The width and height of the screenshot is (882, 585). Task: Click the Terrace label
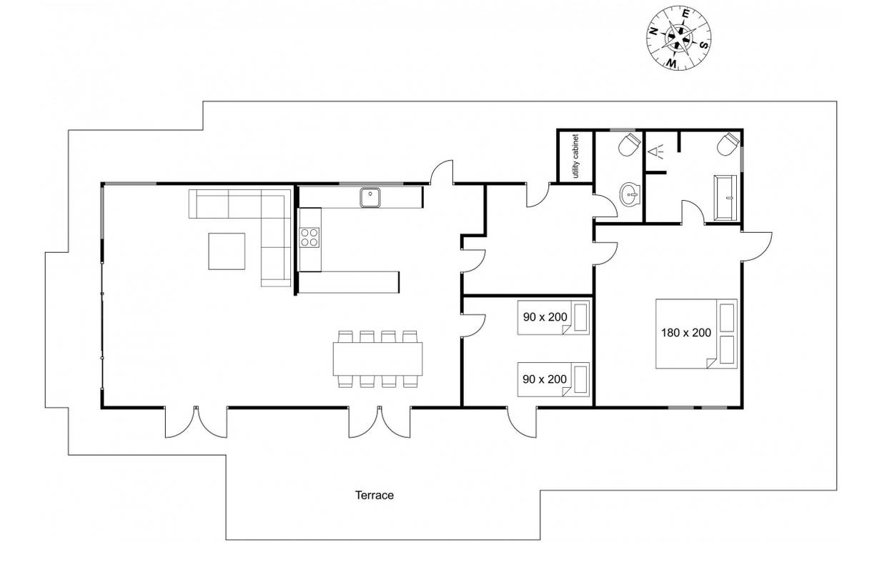[x=374, y=495]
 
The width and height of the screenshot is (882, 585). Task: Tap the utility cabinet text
[x=575, y=156]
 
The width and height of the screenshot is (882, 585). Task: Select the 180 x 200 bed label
[x=686, y=333]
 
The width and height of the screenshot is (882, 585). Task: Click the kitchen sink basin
[x=370, y=197]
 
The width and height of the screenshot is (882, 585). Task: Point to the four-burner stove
[x=309, y=237]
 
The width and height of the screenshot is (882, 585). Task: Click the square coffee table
[x=227, y=251]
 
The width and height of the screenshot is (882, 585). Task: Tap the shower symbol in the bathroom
[x=655, y=151]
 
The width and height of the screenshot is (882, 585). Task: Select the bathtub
[x=725, y=197]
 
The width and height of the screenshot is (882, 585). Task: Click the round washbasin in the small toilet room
[x=630, y=194]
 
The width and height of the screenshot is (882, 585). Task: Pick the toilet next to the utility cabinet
[x=629, y=144]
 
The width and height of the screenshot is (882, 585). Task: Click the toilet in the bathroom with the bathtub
[x=727, y=144]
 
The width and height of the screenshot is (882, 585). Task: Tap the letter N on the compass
[x=653, y=32]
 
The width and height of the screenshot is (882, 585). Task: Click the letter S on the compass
[x=704, y=45]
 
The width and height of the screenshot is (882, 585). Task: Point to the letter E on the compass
[x=685, y=14]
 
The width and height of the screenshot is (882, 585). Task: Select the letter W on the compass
[x=672, y=63]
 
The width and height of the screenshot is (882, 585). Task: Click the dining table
[x=377, y=359]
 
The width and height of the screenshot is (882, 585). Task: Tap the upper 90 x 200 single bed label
[x=545, y=317]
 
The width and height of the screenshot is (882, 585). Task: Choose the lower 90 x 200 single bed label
[x=545, y=379]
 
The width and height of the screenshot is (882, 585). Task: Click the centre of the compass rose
[x=678, y=38]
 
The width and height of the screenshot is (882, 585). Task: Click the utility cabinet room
[x=575, y=156]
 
